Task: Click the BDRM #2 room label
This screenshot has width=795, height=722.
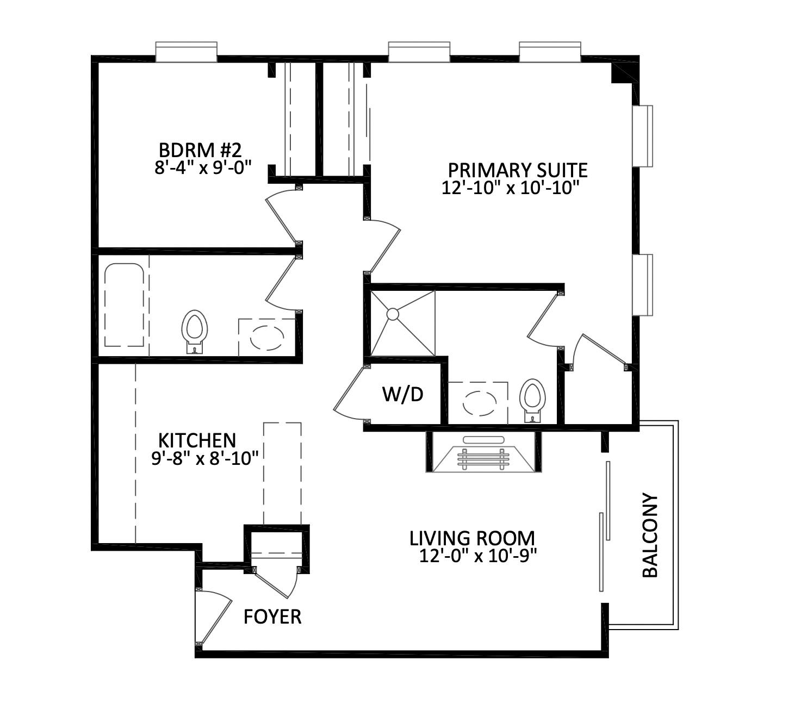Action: [200, 149]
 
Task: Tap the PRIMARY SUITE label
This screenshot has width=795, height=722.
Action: [517, 170]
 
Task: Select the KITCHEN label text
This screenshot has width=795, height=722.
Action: [197, 440]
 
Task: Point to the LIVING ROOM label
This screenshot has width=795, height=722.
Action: [472, 538]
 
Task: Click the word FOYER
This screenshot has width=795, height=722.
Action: [272, 617]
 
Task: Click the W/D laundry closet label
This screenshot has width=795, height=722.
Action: [402, 394]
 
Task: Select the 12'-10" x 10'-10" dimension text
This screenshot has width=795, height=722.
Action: [509, 188]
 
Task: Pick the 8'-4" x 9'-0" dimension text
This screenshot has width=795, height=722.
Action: [204, 167]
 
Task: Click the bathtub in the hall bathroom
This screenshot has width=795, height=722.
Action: [124, 305]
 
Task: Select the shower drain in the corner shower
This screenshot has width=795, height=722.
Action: [393, 314]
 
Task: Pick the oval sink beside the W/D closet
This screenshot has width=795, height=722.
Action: [479, 403]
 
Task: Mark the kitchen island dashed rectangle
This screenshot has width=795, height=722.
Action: [282, 473]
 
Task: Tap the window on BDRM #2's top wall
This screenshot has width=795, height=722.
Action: [186, 52]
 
